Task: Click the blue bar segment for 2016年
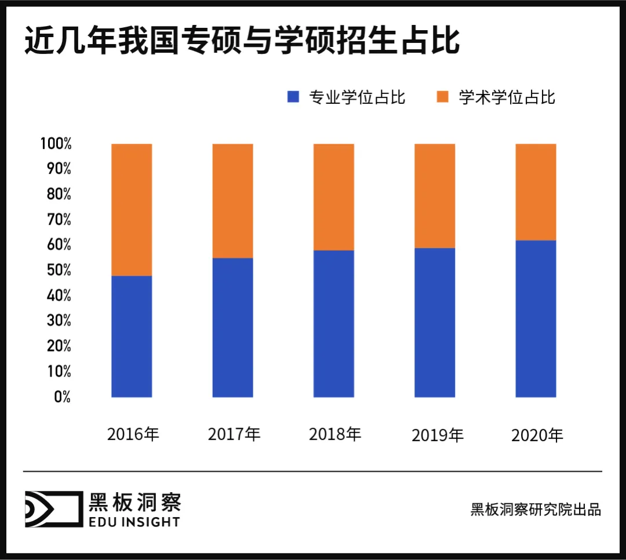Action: [x=132, y=336]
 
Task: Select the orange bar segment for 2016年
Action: [x=132, y=209]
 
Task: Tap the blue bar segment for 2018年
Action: [x=334, y=323]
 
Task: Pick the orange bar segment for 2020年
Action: [x=536, y=192]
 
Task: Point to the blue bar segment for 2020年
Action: [x=536, y=319]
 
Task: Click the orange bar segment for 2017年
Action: [x=232, y=201]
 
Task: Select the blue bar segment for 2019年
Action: [x=435, y=322]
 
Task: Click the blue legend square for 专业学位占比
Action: [x=293, y=97]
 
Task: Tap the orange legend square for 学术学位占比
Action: [x=443, y=97]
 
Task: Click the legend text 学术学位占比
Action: [x=507, y=97]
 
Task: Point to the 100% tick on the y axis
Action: [x=56, y=144]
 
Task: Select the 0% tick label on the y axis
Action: [x=61, y=397]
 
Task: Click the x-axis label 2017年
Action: [x=234, y=434]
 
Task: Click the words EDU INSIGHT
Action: [x=134, y=522]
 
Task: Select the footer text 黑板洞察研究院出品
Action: [x=536, y=510]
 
